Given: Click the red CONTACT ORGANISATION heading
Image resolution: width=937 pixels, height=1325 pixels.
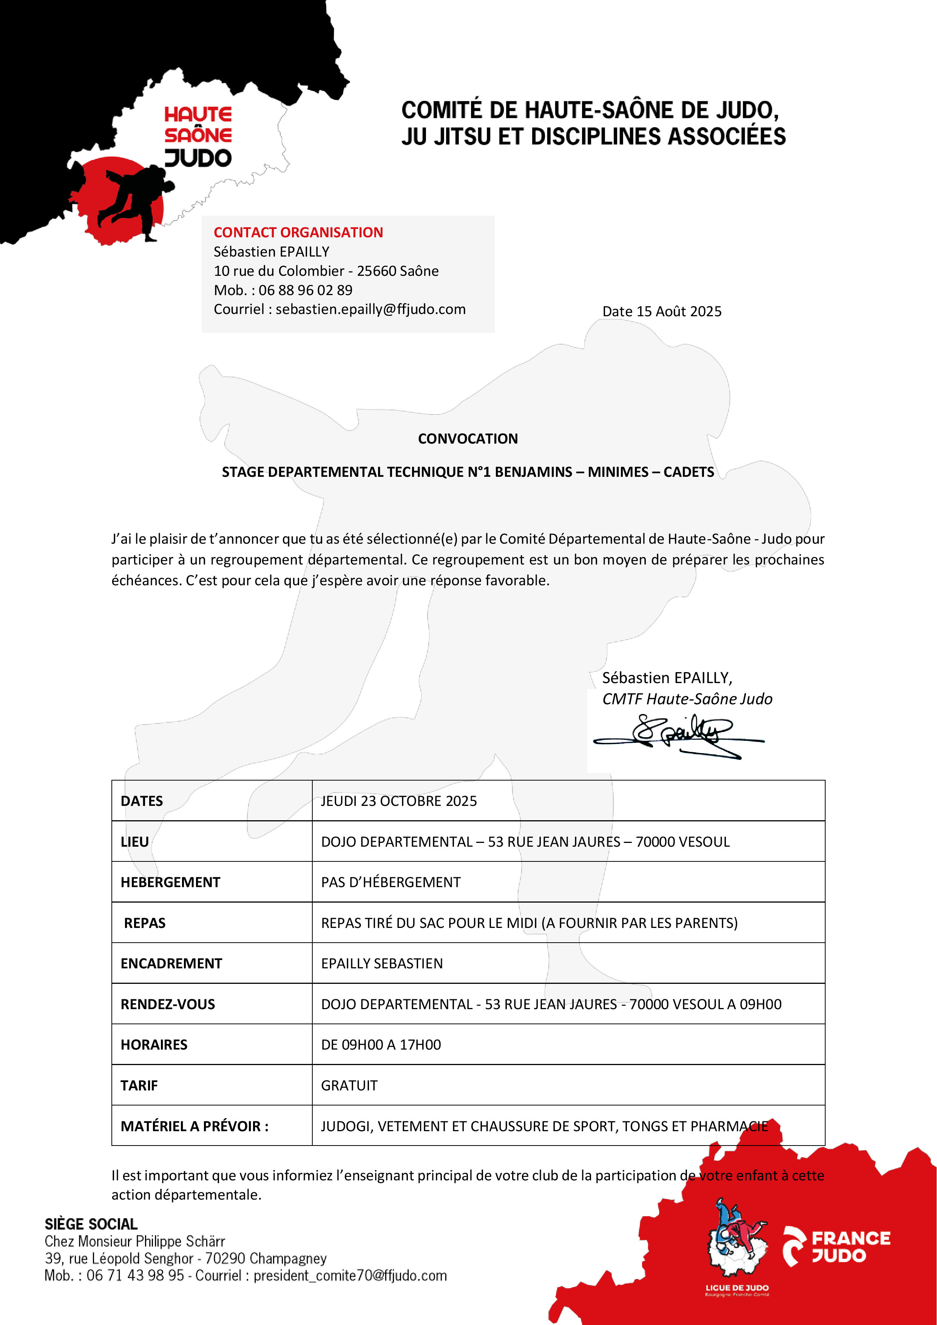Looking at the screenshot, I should pos(298,233).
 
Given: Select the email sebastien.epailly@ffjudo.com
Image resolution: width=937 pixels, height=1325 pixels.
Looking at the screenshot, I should pos(370,309).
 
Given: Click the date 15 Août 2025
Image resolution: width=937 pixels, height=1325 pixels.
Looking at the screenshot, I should pos(679,312).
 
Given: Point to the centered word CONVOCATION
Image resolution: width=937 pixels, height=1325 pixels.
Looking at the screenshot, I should pos(468,439).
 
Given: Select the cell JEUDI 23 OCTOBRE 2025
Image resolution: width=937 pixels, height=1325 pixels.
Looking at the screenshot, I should pos(399,801).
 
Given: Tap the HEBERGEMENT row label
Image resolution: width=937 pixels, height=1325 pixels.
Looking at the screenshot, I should pos(170,882).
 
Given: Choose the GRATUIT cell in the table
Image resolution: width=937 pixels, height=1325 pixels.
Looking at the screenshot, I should pos(349,1085).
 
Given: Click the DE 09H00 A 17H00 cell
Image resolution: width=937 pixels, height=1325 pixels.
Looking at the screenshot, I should pos(381,1045).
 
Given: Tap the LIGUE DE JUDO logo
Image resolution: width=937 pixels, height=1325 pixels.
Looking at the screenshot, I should pos(737,1252).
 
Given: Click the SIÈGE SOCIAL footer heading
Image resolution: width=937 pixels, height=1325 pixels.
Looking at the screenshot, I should pos(91,1224).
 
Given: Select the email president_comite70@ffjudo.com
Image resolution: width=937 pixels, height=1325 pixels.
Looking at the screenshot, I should pos(350,1276).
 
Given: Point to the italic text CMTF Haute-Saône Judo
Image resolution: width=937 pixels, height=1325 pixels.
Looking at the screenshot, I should pos(687,699).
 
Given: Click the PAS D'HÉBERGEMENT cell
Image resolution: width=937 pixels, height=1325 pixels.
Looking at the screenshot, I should pos(391,882).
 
